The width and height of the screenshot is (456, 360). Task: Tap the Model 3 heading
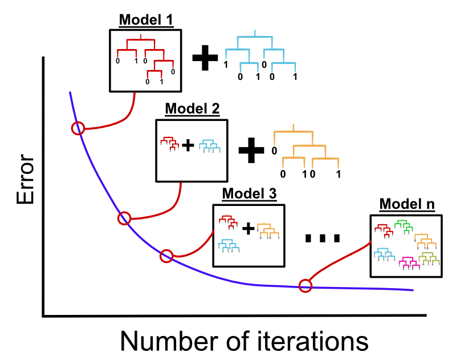(249, 193)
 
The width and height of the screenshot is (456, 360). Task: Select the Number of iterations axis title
(244, 341)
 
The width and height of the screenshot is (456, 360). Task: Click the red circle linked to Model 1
(78, 128)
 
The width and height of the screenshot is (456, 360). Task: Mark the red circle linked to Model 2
(124, 218)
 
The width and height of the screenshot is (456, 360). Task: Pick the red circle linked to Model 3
(166, 256)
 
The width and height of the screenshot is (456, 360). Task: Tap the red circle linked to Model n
(306, 286)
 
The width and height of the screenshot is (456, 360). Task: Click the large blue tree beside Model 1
(260, 55)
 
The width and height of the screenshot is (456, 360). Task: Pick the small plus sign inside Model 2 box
(188, 146)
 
